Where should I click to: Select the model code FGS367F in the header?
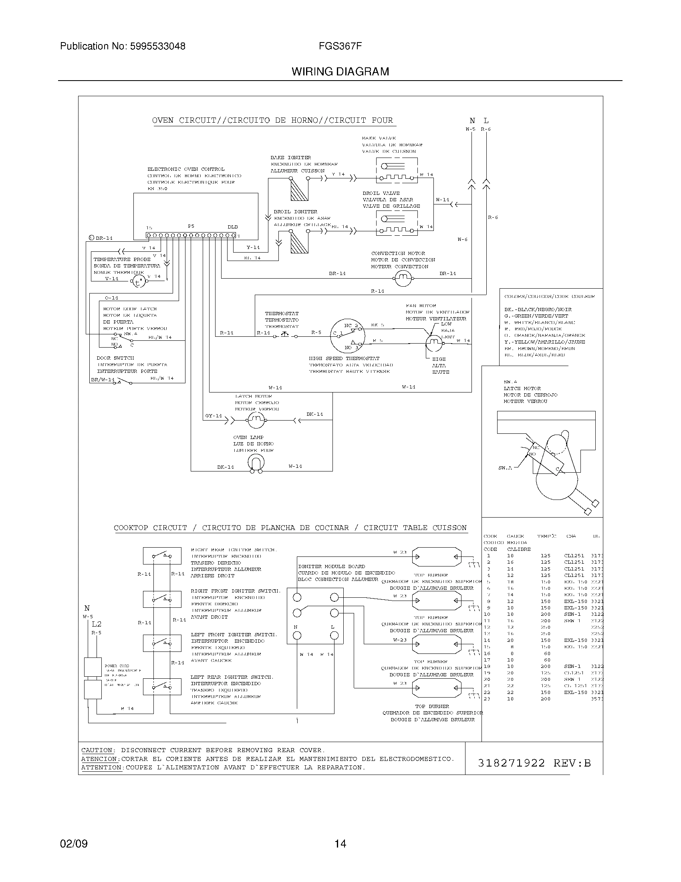340,47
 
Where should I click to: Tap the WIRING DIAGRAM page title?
340,72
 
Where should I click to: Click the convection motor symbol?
402,278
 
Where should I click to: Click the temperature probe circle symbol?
138,282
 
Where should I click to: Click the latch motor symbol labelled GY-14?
255,421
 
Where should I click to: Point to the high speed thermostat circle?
347,336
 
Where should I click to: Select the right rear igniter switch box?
162,556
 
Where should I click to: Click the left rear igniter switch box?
162,686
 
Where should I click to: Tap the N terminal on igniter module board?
297,635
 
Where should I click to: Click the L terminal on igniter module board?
334,635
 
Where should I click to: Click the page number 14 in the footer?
340,844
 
